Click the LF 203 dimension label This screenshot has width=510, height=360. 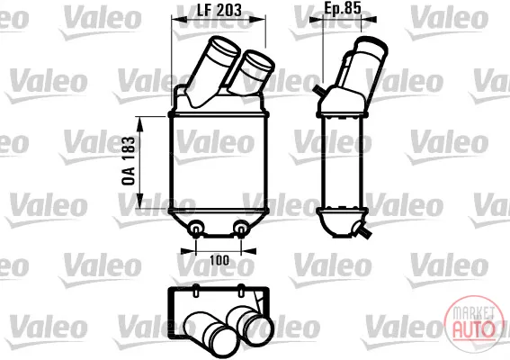point(219,10)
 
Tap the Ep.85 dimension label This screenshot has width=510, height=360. point(343,8)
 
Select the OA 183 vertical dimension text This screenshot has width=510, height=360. point(129,161)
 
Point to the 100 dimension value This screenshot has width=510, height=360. point(219,260)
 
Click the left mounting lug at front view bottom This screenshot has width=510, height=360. point(196,228)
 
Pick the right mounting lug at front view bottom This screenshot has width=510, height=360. point(241,228)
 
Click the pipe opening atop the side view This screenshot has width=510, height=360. point(372,47)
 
